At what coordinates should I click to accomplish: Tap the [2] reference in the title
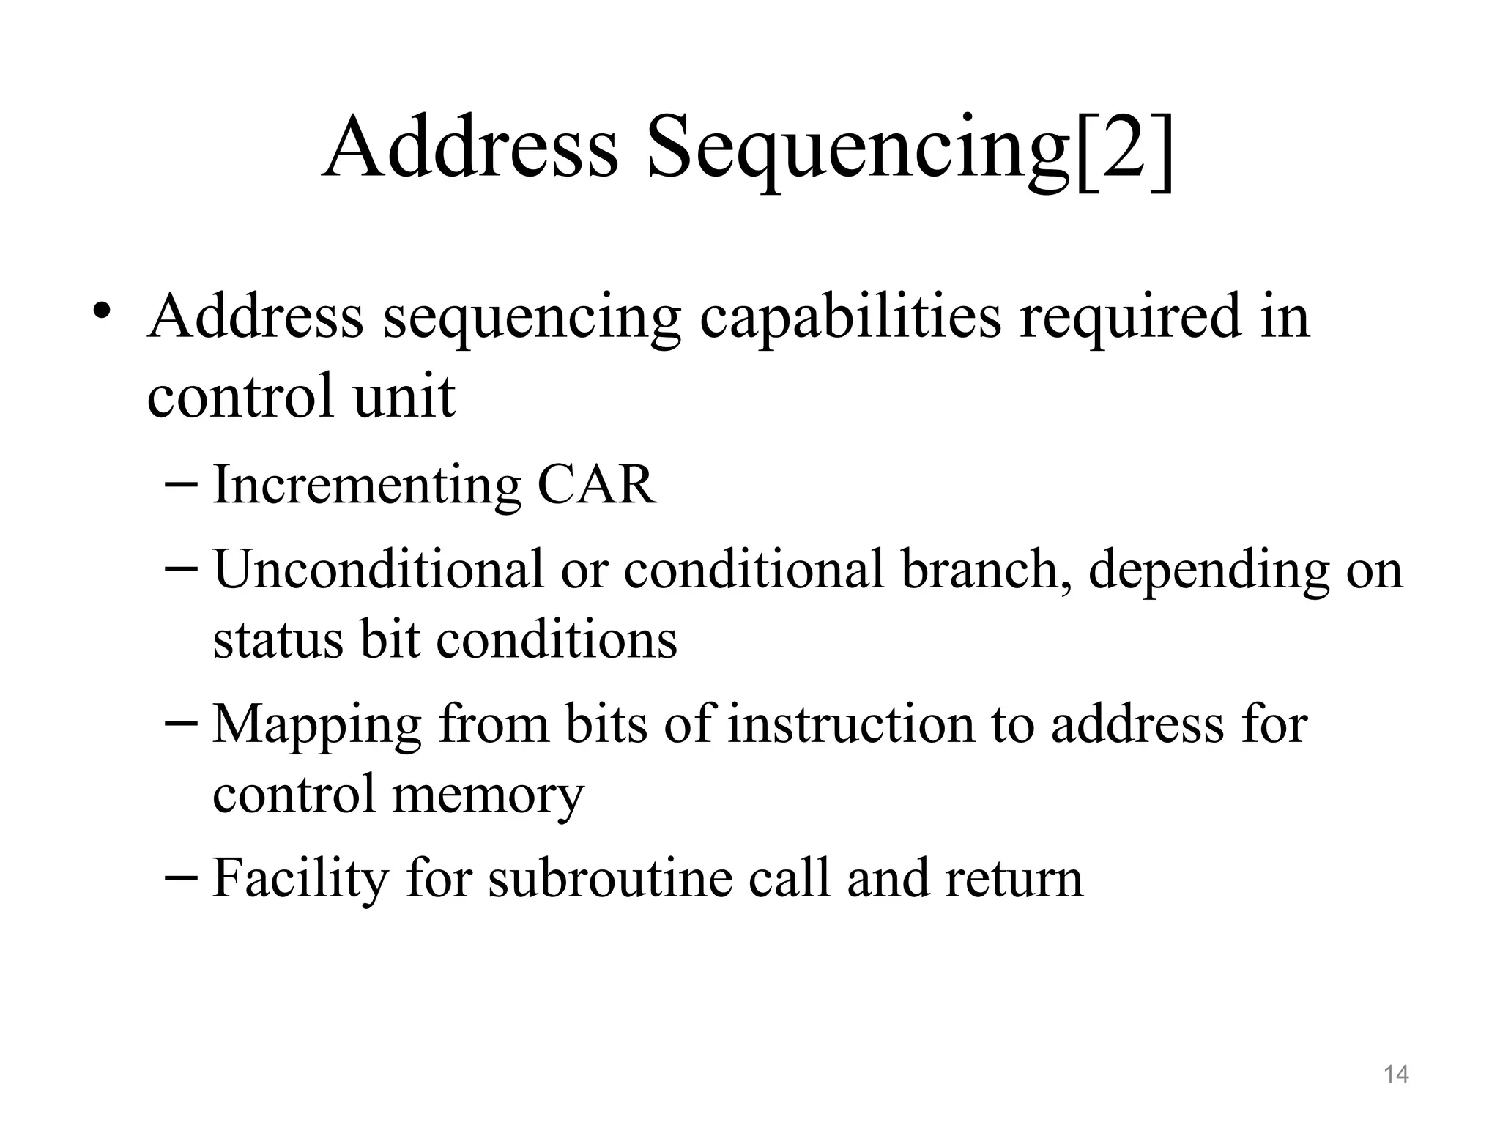tap(1124, 149)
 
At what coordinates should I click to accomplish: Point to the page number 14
tap(1396, 1074)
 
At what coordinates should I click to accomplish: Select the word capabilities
tap(850, 316)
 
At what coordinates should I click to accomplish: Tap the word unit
tap(404, 396)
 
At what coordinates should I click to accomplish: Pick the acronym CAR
tap(596, 485)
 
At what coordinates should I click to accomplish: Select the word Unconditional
tap(378, 569)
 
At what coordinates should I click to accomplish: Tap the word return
tap(1014, 877)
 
